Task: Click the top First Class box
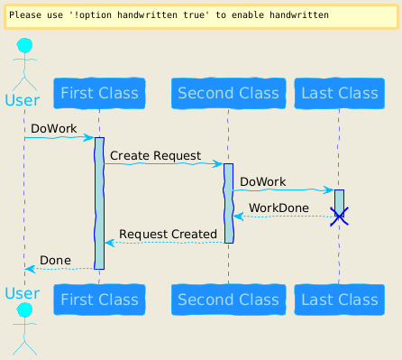[x=99, y=93]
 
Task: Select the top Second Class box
[x=228, y=93]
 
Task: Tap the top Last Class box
[x=340, y=93]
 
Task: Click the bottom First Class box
[x=99, y=300]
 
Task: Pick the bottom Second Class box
[x=228, y=300]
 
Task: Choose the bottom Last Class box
[x=340, y=300]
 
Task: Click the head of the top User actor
[x=24, y=46]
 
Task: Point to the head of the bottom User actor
[x=24, y=310]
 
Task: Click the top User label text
[x=23, y=100]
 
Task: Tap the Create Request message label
[x=155, y=156]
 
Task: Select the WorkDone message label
[x=279, y=208]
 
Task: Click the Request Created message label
[x=168, y=234]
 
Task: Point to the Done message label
[x=55, y=260]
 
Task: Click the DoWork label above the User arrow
[x=54, y=128]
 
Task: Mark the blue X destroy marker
[x=339, y=217]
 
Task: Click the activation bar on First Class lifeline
[x=99, y=203]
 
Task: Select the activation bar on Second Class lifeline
[x=228, y=203]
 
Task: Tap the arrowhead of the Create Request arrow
[x=217, y=164]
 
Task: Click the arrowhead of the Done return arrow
[x=31, y=269]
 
